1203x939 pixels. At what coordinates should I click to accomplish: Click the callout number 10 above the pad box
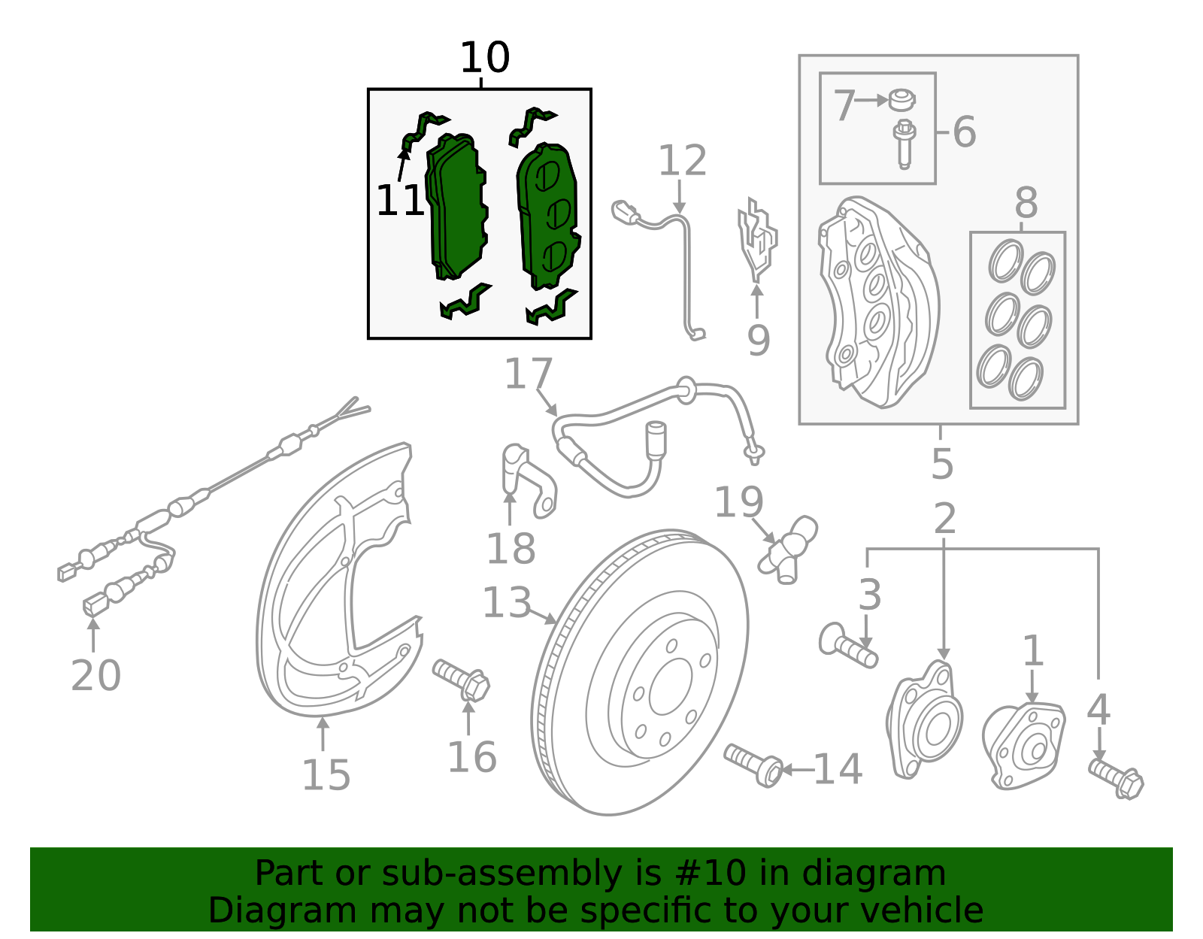(485, 58)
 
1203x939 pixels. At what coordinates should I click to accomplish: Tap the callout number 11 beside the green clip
(399, 201)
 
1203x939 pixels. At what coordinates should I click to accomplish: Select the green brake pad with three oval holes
(547, 216)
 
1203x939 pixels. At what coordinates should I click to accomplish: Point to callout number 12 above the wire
(682, 161)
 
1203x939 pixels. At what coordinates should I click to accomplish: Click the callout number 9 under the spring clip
(758, 341)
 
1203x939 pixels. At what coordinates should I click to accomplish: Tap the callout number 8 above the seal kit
(1026, 203)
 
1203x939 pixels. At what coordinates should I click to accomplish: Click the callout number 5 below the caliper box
(941, 464)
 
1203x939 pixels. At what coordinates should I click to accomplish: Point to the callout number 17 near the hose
(529, 374)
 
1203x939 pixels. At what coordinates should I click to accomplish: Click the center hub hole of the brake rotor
(670, 687)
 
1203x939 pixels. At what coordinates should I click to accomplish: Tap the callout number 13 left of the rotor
(506, 603)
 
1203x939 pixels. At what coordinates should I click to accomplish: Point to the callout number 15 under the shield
(326, 775)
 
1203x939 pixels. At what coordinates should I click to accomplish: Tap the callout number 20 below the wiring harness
(95, 675)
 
